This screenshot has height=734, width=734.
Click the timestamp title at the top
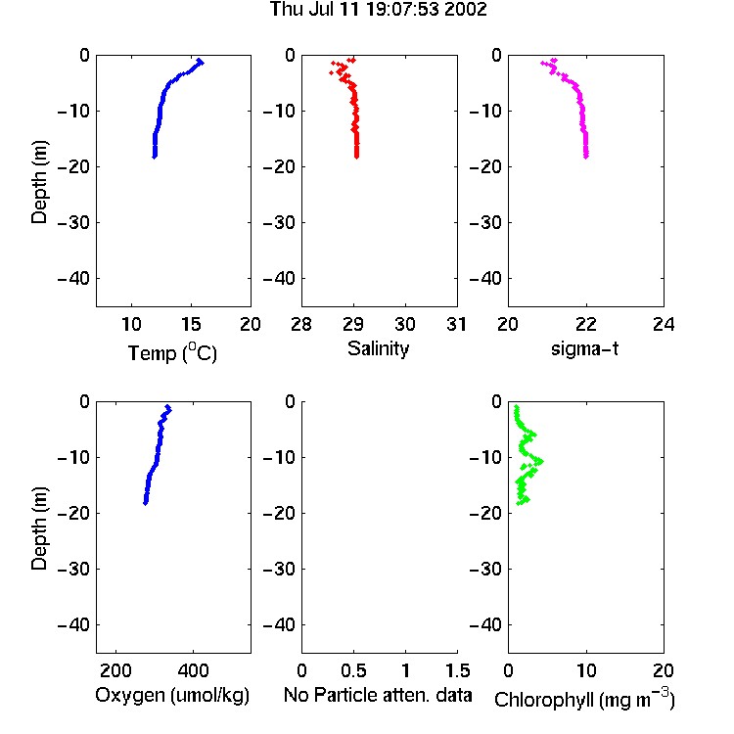(378, 9)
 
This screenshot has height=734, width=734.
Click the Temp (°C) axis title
(172, 352)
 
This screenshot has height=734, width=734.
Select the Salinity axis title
(378, 348)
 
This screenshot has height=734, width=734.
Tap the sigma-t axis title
(584, 348)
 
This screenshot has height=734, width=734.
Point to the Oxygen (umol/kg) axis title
(172, 695)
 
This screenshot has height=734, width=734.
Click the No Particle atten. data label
(378, 695)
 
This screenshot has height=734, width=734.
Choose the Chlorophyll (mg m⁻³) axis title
(584, 699)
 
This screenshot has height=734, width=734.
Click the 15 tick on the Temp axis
(191, 324)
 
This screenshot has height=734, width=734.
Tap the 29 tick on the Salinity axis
(353, 324)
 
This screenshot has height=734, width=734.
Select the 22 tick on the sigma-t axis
(585, 324)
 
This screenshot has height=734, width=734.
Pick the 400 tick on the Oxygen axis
(193, 670)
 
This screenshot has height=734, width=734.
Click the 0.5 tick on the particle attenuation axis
(353, 670)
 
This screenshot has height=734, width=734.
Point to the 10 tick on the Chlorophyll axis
(585, 670)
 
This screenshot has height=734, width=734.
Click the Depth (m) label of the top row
(39, 182)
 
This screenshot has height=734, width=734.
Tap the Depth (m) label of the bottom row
(39, 528)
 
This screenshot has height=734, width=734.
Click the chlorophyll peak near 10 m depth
(540, 462)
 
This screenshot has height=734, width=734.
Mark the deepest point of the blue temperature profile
(155, 157)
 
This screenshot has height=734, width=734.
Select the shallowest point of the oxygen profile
(167, 407)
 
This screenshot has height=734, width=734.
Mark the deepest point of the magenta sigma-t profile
(586, 157)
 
